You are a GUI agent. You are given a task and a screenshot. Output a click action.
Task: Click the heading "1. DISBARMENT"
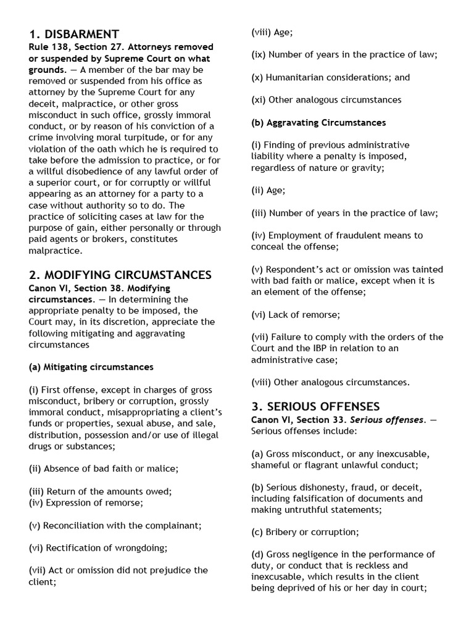tap(73, 34)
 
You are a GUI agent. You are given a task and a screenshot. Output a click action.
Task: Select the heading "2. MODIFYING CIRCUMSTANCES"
tap(120, 275)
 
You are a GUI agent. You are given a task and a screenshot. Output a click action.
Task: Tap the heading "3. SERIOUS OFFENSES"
tap(315, 406)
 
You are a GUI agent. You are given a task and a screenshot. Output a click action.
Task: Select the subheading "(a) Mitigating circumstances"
tap(91, 367)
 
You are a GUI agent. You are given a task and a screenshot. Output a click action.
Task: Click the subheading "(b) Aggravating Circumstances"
tap(318, 122)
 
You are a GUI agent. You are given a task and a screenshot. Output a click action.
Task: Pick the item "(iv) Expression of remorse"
tap(86, 502)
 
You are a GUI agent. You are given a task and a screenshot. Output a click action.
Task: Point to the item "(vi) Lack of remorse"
tap(295, 314)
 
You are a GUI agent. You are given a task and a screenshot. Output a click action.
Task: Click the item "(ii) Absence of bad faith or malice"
tap(103, 468)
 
